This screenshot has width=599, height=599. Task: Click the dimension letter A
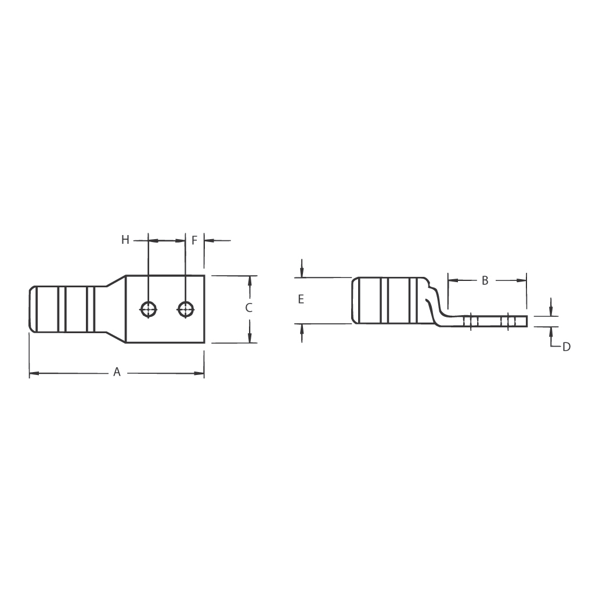click(x=117, y=371)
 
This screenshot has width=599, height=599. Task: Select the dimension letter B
click(x=485, y=280)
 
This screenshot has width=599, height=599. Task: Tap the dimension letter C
click(x=248, y=308)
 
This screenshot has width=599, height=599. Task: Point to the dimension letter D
click(x=566, y=347)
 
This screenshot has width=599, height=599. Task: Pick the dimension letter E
click(x=301, y=299)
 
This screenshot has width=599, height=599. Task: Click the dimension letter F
click(x=194, y=241)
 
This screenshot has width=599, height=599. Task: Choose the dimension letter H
click(x=125, y=240)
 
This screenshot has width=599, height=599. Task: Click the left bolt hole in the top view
click(x=148, y=309)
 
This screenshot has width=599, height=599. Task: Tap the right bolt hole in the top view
click(x=186, y=309)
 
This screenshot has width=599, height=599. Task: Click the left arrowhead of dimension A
click(x=34, y=373)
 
